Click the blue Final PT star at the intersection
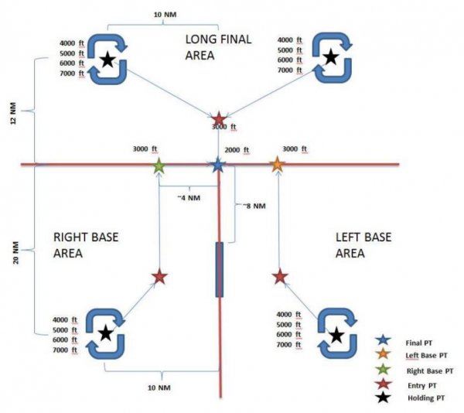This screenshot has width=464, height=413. pyautogui.click(x=218, y=164)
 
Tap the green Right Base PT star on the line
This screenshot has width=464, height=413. pyautogui.click(x=159, y=165)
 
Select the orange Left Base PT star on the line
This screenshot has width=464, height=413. pyautogui.click(x=277, y=164)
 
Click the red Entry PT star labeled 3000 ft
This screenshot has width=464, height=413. pyautogui.click(x=219, y=119)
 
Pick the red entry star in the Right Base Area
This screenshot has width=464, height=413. pyautogui.click(x=159, y=276)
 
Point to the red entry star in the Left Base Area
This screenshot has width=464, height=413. pyautogui.click(x=280, y=276)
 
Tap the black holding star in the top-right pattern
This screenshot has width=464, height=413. pyautogui.click(x=330, y=56)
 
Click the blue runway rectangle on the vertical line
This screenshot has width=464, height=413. pyautogui.click(x=219, y=269)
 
